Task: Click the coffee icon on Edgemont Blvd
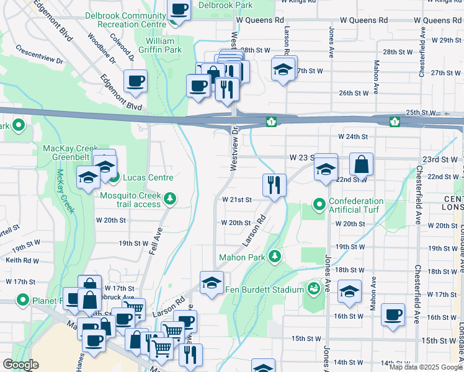(x=135, y=81)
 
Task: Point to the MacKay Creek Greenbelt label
(x=66, y=153)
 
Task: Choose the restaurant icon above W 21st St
(x=274, y=184)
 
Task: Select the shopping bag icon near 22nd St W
(x=362, y=164)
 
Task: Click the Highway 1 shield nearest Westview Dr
(x=270, y=121)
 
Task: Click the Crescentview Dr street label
(x=40, y=55)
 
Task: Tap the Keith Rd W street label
(x=22, y=261)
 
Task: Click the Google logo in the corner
(x=20, y=365)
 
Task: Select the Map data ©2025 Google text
(x=426, y=367)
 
